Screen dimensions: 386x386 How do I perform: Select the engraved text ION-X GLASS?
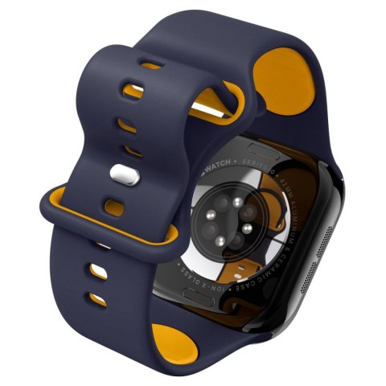213,279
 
